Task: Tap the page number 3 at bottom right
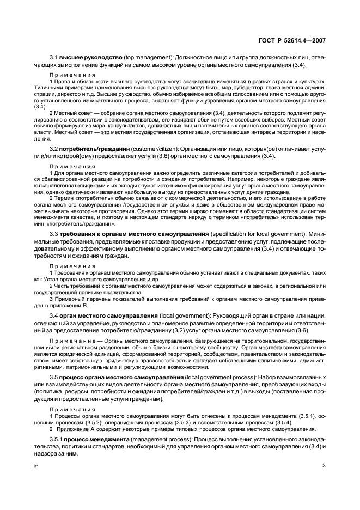[x=324, y=466]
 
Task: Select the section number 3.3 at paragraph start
[x=55, y=234]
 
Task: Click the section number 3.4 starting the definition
[x=55, y=315]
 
